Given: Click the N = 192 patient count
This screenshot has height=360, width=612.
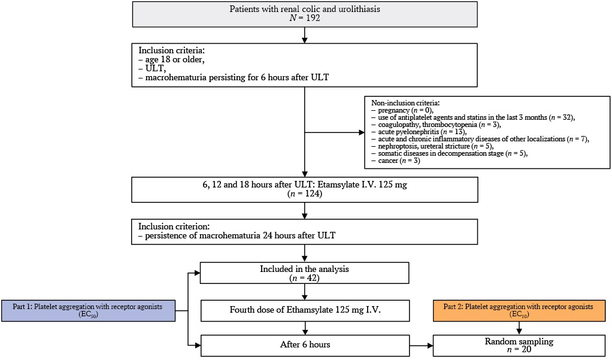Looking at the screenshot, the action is coord(305,18).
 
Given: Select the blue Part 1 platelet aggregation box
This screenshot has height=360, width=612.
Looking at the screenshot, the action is coord(88,311).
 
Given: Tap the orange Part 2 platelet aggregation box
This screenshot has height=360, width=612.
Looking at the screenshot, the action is coord(519,311).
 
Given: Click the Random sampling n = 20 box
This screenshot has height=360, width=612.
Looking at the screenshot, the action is coord(519,345).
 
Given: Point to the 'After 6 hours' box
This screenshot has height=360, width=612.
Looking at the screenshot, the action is coord(305,345).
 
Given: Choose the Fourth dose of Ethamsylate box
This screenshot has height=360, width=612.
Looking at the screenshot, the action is coord(305,311).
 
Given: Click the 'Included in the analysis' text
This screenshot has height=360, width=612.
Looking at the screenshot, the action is coord(304,269).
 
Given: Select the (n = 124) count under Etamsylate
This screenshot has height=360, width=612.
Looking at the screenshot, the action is coord(305,193).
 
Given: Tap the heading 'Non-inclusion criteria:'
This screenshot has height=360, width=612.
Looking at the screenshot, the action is coord(405,103).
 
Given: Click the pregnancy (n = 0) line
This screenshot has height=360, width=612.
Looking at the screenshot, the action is coord(402,110).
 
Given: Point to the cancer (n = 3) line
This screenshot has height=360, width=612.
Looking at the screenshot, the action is coord(396,161).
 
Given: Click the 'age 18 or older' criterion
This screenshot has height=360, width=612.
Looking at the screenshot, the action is coord(172,59).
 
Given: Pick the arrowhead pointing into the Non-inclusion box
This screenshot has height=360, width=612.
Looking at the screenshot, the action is coord(362,132).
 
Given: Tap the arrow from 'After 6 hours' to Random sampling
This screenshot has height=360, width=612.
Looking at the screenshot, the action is coord(421,346).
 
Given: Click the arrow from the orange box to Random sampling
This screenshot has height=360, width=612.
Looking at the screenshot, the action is coord(519,328).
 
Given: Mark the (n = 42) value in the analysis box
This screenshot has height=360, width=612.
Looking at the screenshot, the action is coord(304,279).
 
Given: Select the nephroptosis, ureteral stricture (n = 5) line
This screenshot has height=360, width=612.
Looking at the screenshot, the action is coord(432,146).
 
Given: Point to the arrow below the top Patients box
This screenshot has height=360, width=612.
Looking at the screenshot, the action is coord(305,35).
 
